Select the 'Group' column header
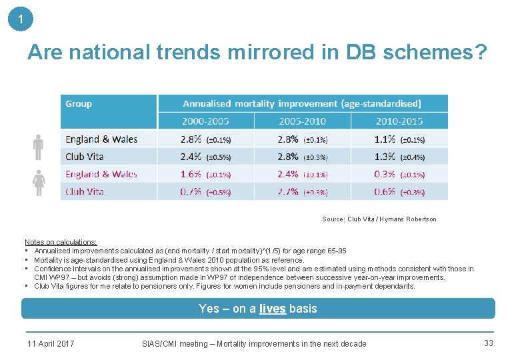pyautogui.click(x=79, y=103)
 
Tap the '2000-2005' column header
pyautogui.click(x=205, y=121)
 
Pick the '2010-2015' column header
pyautogui.click(x=399, y=121)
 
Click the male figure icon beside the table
pyautogui.click(x=39, y=147)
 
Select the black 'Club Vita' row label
pyautogui.click(x=84, y=157)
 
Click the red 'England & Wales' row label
pyautogui.click(x=101, y=174)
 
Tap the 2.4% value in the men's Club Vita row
pyautogui.click(x=190, y=157)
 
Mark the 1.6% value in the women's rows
pyautogui.click(x=190, y=174)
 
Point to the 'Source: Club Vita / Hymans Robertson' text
pyautogui.click(x=379, y=219)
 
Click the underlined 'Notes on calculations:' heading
pyautogui.click(x=61, y=242)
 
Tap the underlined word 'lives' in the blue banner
pyautogui.click(x=271, y=309)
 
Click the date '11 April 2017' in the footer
pyautogui.click(x=51, y=344)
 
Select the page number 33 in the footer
pyautogui.click(x=488, y=343)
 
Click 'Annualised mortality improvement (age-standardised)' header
pyautogui.click(x=302, y=103)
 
